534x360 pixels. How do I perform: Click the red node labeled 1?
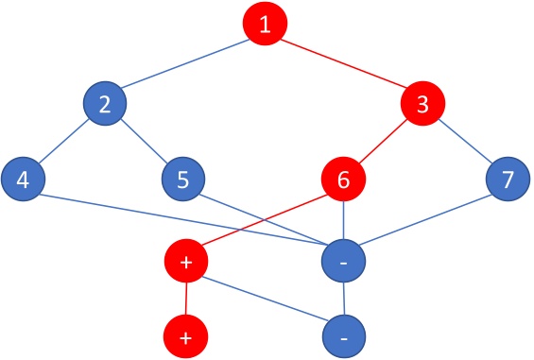266,26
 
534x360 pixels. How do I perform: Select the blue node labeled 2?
105,105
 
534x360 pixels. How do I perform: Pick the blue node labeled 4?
23,179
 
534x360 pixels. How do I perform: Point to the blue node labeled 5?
183,179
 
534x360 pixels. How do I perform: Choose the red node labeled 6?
344,179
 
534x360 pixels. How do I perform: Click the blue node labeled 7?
508,179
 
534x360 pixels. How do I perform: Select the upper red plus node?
185,262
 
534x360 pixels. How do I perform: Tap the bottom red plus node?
185,336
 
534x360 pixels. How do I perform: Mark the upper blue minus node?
345,262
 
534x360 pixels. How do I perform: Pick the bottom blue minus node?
345,336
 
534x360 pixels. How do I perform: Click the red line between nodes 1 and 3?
345,65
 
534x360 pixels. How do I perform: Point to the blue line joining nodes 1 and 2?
185,65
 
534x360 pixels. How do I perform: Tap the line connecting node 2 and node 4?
64,142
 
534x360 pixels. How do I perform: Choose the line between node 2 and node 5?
144,142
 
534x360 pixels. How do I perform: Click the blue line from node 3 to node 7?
466,142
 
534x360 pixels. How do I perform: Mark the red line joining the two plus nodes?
185,300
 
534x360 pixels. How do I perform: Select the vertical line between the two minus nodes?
345,300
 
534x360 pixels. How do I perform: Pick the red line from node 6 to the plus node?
265,220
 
